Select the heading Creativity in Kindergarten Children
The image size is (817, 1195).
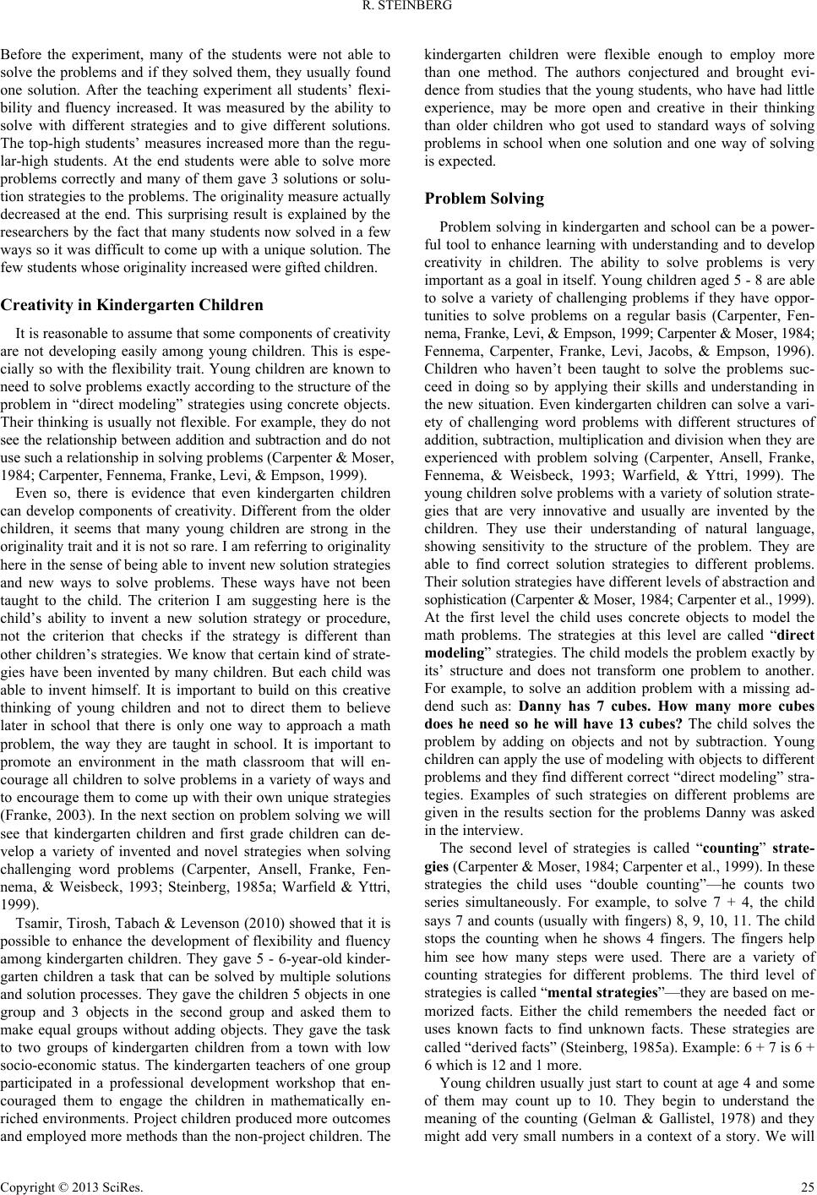132,304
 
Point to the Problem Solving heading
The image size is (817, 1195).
484,199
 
